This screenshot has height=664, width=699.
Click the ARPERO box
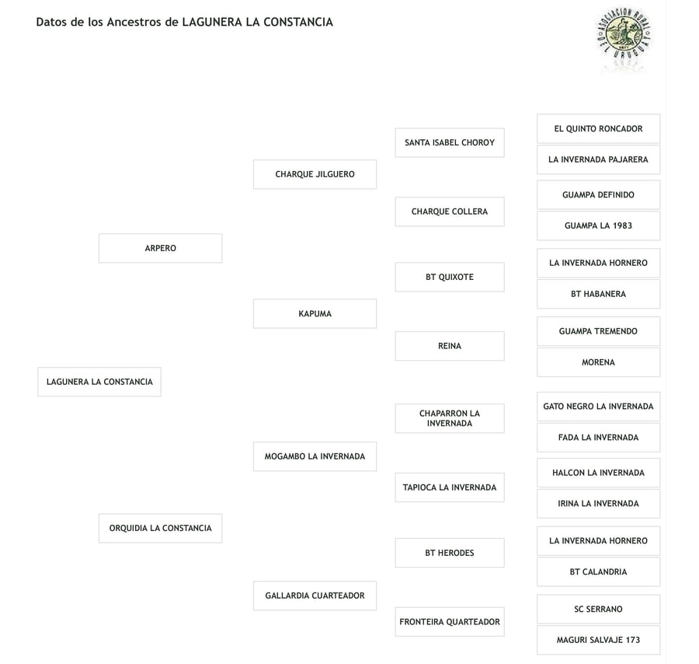(x=160, y=248)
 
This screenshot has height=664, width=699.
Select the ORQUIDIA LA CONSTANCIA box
(x=160, y=528)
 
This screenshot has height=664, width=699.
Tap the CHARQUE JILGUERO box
(x=315, y=174)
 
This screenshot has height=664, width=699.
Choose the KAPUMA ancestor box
(x=315, y=313)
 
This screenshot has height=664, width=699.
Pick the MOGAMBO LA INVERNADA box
(x=315, y=456)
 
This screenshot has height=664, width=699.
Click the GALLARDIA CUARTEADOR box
(x=315, y=596)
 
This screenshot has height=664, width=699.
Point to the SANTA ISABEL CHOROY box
(x=449, y=142)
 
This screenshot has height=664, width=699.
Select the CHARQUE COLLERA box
(x=449, y=211)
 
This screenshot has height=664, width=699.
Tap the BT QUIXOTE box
(x=449, y=277)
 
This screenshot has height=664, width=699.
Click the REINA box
(x=449, y=346)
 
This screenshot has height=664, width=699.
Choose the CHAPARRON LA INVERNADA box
(x=449, y=418)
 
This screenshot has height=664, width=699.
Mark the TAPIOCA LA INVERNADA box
(x=449, y=488)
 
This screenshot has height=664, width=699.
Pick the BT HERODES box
(x=449, y=553)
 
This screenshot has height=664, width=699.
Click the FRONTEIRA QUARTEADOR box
(x=449, y=622)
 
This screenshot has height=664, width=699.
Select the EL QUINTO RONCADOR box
(x=598, y=128)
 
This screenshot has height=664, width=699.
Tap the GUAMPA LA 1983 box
(x=598, y=225)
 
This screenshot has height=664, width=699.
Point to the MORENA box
(x=598, y=362)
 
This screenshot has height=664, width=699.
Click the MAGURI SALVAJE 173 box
(x=598, y=640)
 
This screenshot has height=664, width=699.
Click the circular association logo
(x=624, y=35)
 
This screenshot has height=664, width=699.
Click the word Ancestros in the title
(x=136, y=22)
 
